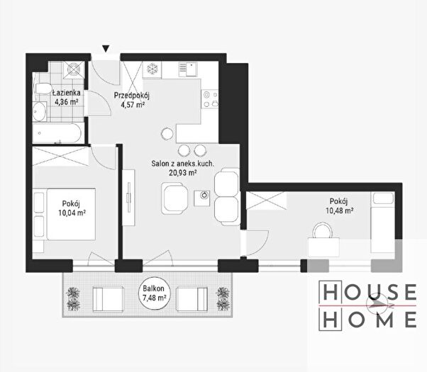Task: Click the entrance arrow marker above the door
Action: [x=106, y=49]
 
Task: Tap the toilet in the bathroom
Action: [x=43, y=88]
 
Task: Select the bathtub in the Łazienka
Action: [x=57, y=133]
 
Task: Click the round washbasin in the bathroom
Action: [x=39, y=111]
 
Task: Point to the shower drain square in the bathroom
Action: [x=74, y=69]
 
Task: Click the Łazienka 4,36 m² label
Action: [x=67, y=97]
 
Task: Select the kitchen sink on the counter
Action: [x=188, y=69]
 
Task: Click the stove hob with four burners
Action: [x=210, y=98]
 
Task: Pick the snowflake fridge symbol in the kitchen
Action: [x=152, y=69]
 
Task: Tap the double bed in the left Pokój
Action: [x=65, y=214]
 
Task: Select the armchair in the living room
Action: [x=174, y=198]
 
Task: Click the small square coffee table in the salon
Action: [x=201, y=198]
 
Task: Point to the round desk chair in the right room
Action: [x=323, y=230]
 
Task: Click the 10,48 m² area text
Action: [x=340, y=210]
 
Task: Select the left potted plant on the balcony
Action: [x=73, y=299]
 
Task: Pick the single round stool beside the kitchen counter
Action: [x=167, y=134]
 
